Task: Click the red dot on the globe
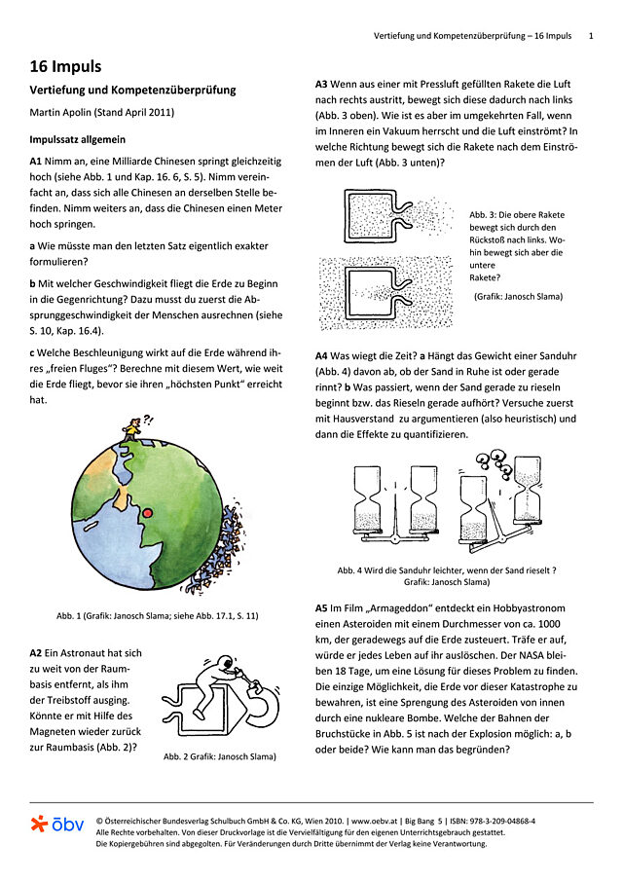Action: [x=148, y=512]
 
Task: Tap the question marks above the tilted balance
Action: [x=501, y=462]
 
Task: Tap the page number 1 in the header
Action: [x=591, y=35]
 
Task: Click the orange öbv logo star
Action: [x=39, y=825]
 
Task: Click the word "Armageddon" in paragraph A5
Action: [x=398, y=607]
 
